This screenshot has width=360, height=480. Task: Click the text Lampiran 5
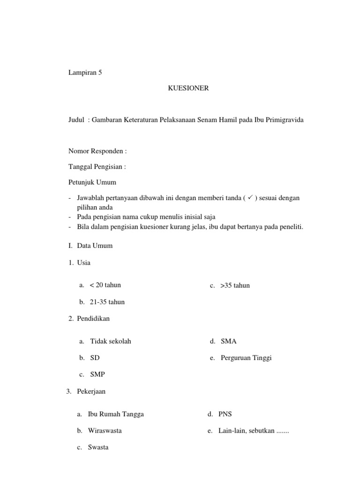coord(85,73)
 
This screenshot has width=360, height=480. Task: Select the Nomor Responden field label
coord(97,151)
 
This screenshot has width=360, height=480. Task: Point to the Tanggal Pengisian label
coord(97,166)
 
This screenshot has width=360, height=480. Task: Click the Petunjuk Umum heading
coord(92,182)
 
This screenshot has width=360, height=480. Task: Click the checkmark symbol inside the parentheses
coord(251,198)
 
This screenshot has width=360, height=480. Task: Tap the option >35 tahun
coord(235,285)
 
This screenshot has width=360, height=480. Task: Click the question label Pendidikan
coord(93,319)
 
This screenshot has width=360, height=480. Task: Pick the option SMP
coord(97,375)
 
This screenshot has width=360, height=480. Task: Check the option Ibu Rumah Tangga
coord(116,414)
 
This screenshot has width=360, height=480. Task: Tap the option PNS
coord(225,414)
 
